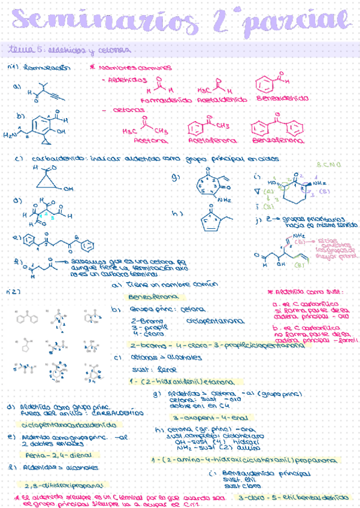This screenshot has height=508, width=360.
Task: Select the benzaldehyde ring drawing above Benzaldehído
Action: point(268,83)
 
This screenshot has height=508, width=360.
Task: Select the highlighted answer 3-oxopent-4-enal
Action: point(204,417)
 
